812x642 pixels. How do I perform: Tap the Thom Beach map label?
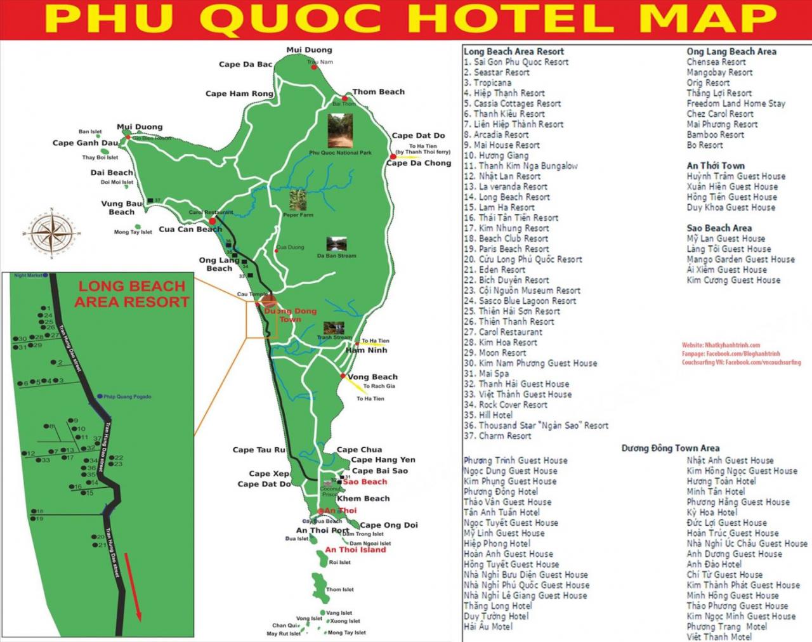pos(378,92)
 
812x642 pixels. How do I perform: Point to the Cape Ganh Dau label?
pos(85,143)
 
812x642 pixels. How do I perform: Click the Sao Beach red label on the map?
pos(365,482)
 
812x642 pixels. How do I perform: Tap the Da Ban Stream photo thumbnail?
pos(336,244)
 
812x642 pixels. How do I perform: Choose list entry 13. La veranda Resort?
pos(506,187)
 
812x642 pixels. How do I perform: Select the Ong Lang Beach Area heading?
pos(731,52)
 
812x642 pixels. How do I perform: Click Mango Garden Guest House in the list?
pos(740,259)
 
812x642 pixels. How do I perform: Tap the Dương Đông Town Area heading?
pos(670,449)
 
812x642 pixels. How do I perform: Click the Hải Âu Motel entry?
pos(488,627)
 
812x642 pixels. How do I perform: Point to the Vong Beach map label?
pos(372,377)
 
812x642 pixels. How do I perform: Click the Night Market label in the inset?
pos(28,276)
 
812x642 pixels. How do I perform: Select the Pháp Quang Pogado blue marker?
pos(100,396)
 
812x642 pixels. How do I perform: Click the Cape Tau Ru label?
pos(259,450)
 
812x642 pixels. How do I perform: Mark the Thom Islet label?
pos(340,590)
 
